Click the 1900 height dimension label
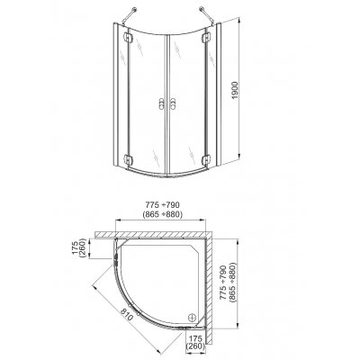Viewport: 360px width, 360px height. pyautogui.click(x=235, y=90)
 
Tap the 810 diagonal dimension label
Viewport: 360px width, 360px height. pyautogui.click(x=127, y=314)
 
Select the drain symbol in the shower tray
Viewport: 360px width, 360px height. pyautogui.click(x=192, y=317)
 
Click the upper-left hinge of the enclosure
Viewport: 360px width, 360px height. pyautogui.click(x=128, y=38)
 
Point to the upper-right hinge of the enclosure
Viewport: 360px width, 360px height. pyautogui.click(x=206, y=38)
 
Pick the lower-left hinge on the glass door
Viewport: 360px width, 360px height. pyautogui.click(x=128, y=159)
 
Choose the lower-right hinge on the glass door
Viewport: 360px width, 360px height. pyautogui.click(x=206, y=159)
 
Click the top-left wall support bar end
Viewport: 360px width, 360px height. pyautogui.click(x=135, y=9)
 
